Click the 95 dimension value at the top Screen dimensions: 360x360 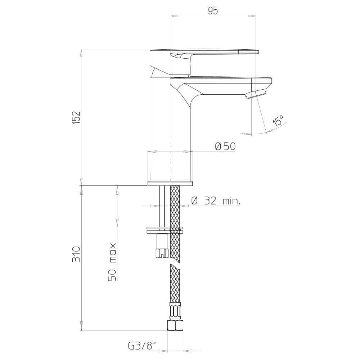click(x=213, y=11)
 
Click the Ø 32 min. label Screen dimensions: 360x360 click(x=216, y=201)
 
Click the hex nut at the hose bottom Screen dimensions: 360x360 click(x=175, y=325)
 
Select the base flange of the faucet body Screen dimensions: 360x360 click(x=170, y=183)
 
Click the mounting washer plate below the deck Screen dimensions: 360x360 click(x=165, y=230)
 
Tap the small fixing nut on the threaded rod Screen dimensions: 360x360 click(x=161, y=253)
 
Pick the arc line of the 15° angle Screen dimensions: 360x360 click(x=268, y=132)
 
